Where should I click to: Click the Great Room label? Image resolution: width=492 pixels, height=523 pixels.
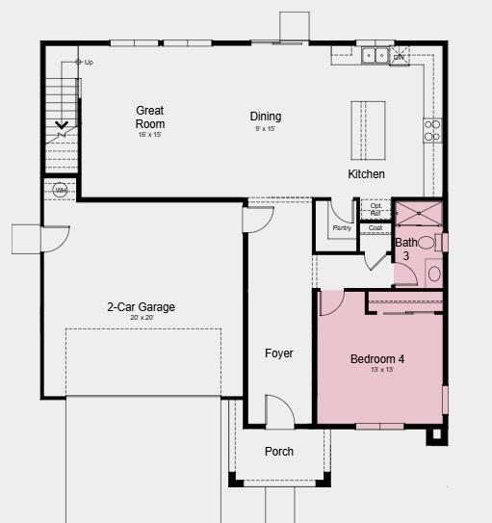coord(150,117)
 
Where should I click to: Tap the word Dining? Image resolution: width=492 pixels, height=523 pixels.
coord(266,117)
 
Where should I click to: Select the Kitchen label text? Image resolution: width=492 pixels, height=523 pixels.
coord(366,174)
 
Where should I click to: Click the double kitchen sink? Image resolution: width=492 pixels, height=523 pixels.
coord(375,56)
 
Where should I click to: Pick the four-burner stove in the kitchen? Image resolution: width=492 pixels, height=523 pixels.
coord(432,130)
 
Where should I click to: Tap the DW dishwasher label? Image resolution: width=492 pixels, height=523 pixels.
coord(399,57)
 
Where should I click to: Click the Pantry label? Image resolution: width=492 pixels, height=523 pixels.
coord(342,228)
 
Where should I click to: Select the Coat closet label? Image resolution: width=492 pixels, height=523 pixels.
coord(375,228)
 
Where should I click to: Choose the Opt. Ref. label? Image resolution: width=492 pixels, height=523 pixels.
coord(375,208)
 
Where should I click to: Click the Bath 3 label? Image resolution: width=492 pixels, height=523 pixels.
coord(406,249)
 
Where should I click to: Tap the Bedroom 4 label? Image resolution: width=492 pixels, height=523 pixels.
coord(376,359)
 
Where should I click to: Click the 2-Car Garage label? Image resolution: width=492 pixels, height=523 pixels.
coord(141,308)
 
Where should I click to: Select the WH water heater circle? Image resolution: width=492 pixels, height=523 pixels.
coord(61,190)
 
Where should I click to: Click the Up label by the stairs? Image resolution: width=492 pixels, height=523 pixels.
coord(89,63)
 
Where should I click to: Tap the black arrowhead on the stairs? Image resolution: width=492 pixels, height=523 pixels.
coord(62,124)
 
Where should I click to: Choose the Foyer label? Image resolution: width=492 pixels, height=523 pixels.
coord(279,353)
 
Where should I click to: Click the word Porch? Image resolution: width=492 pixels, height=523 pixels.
coord(279,452)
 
